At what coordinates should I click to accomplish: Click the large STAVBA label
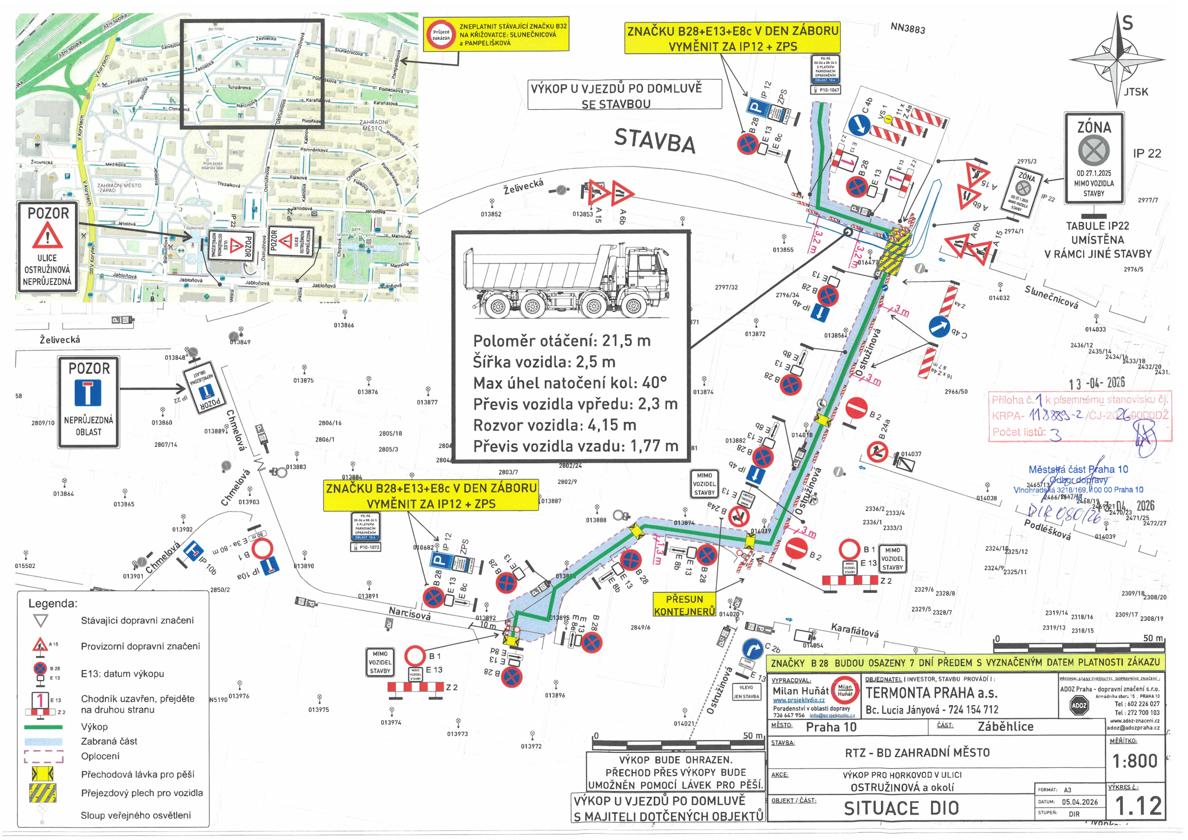[655, 140]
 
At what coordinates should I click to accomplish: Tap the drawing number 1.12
[1138, 806]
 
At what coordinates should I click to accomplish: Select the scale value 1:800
[1135, 761]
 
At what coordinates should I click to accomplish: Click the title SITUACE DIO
[901, 808]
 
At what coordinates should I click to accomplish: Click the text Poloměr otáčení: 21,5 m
[561, 341]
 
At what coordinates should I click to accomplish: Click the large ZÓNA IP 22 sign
[1093, 158]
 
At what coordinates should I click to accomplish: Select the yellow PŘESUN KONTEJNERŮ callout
[684, 605]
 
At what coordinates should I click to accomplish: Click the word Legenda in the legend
[52, 603]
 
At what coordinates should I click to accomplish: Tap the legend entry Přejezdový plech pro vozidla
[142, 793]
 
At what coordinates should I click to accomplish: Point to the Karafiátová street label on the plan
[854, 630]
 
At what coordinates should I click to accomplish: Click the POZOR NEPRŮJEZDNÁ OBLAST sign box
[89, 402]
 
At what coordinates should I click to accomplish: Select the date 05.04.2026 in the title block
[1079, 802]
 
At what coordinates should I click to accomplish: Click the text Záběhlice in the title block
[1006, 726]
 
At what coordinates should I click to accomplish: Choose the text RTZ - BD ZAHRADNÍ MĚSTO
[917, 752]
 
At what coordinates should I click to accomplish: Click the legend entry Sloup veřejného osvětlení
[136, 815]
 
